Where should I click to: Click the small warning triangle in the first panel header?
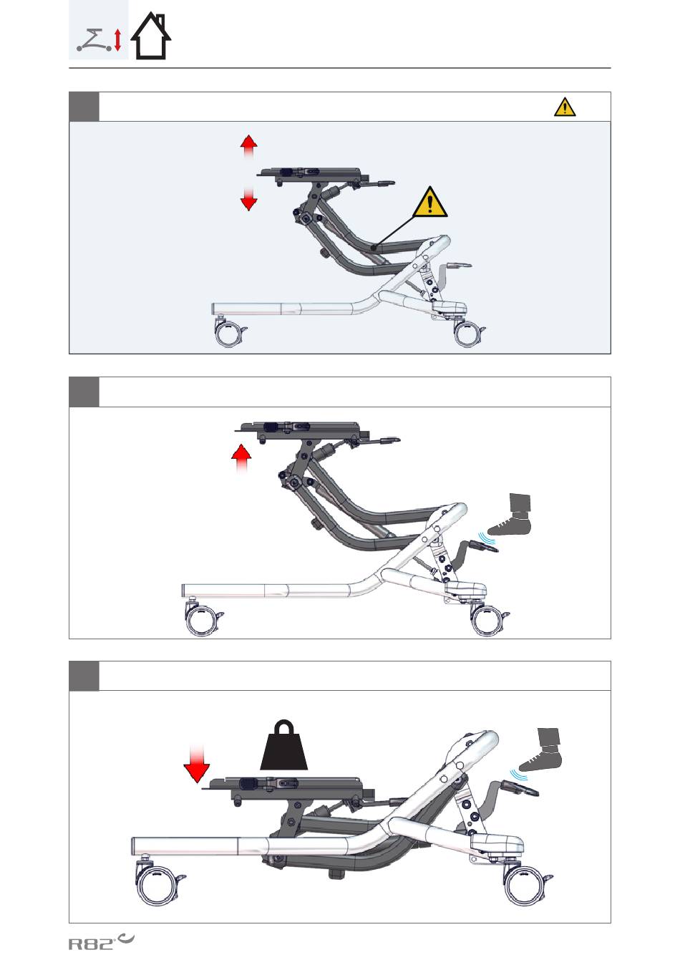click(x=565, y=107)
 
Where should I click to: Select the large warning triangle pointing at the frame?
click(x=429, y=203)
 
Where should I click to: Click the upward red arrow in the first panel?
click(x=248, y=147)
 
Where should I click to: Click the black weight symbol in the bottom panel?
click(x=283, y=745)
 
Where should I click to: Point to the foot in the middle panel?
click(x=511, y=515)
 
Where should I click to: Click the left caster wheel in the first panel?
click(x=230, y=333)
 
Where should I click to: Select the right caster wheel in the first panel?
click(x=468, y=333)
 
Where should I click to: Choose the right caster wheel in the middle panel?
click(x=489, y=621)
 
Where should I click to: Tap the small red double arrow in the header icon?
click(x=117, y=39)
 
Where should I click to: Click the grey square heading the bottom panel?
click(x=84, y=676)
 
